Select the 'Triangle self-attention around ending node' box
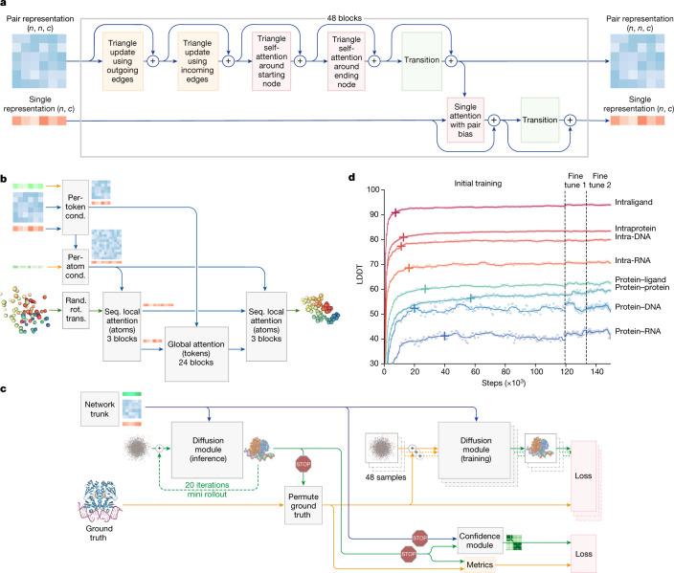347,61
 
